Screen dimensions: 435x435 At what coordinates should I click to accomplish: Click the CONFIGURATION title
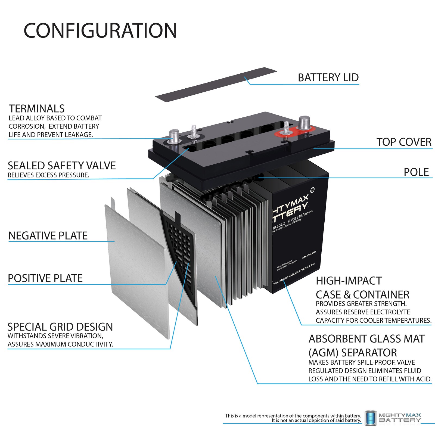[x=100, y=30]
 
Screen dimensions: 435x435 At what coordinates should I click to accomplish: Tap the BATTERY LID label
[x=328, y=78]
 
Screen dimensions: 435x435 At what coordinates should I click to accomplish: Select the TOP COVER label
[x=404, y=142]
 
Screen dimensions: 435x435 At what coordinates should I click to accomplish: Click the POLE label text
[x=416, y=172]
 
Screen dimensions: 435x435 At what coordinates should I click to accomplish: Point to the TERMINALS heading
[x=37, y=109]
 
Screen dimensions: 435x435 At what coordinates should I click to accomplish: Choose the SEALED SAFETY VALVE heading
[x=62, y=166]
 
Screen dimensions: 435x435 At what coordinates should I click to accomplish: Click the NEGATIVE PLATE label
[x=48, y=236]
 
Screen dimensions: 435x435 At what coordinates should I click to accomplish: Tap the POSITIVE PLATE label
[x=45, y=278]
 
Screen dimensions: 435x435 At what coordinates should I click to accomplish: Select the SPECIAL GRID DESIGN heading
[x=60, y=327]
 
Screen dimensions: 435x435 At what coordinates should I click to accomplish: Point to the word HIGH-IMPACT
[x=349, y=281]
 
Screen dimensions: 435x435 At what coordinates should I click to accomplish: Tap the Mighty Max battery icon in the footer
[x=370, y=418]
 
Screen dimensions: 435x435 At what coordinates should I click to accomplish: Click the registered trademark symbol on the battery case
[x=312, y=190]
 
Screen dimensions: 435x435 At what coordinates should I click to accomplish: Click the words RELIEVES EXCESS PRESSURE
[x=48, y=175]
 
